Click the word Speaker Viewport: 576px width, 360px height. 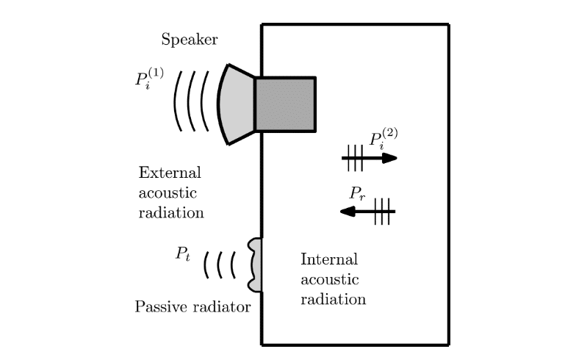(x=189, y=40)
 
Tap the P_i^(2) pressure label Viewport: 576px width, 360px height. (x=383, y=139)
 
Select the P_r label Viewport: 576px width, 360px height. (x=358, y=193)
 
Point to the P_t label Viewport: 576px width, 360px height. (x=183, y=254)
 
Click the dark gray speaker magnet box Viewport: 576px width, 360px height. (x=285, y=104)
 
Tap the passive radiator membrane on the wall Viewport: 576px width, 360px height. (x=255, y=264)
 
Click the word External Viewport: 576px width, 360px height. (x=169, y=173)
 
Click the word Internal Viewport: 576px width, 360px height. (x=329, y=259)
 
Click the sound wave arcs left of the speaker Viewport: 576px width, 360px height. (x=192, y=101)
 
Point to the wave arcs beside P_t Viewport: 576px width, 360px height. (x=220, y=264)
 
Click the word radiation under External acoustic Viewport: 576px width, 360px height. (x=170, y=213)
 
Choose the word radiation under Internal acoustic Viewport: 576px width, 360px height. (x=333, y=300)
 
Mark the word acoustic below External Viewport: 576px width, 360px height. (x=168, y=193)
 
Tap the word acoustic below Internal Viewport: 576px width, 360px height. (x=330, y=280)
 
